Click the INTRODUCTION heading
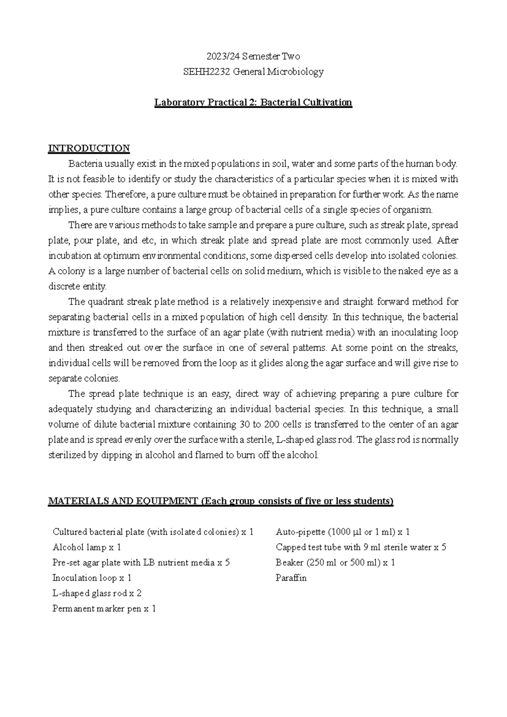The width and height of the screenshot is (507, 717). coord(89,148)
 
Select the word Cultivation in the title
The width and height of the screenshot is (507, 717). coord(327,103)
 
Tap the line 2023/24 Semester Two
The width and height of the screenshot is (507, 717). coord(253,56)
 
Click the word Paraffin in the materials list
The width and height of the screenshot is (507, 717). coord(291,578)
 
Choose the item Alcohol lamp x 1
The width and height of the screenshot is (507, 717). coord(87,547)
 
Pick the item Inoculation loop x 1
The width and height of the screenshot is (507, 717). coord(92,578)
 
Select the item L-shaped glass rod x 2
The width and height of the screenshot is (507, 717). coord(97,594)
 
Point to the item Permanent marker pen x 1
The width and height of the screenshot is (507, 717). coord(104,609)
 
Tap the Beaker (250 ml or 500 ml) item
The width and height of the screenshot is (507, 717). coord(335,563)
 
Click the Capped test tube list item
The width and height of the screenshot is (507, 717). coord(361,547)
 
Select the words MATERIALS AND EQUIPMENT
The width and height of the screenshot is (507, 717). coord(123,501)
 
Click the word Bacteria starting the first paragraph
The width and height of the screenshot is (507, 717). coord(83,164)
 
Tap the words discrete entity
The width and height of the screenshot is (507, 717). coord(77,287)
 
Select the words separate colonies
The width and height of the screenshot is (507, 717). coord(84,378)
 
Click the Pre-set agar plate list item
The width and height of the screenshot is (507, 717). coord(141,563)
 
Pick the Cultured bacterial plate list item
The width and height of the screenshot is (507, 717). coord(153,532)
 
